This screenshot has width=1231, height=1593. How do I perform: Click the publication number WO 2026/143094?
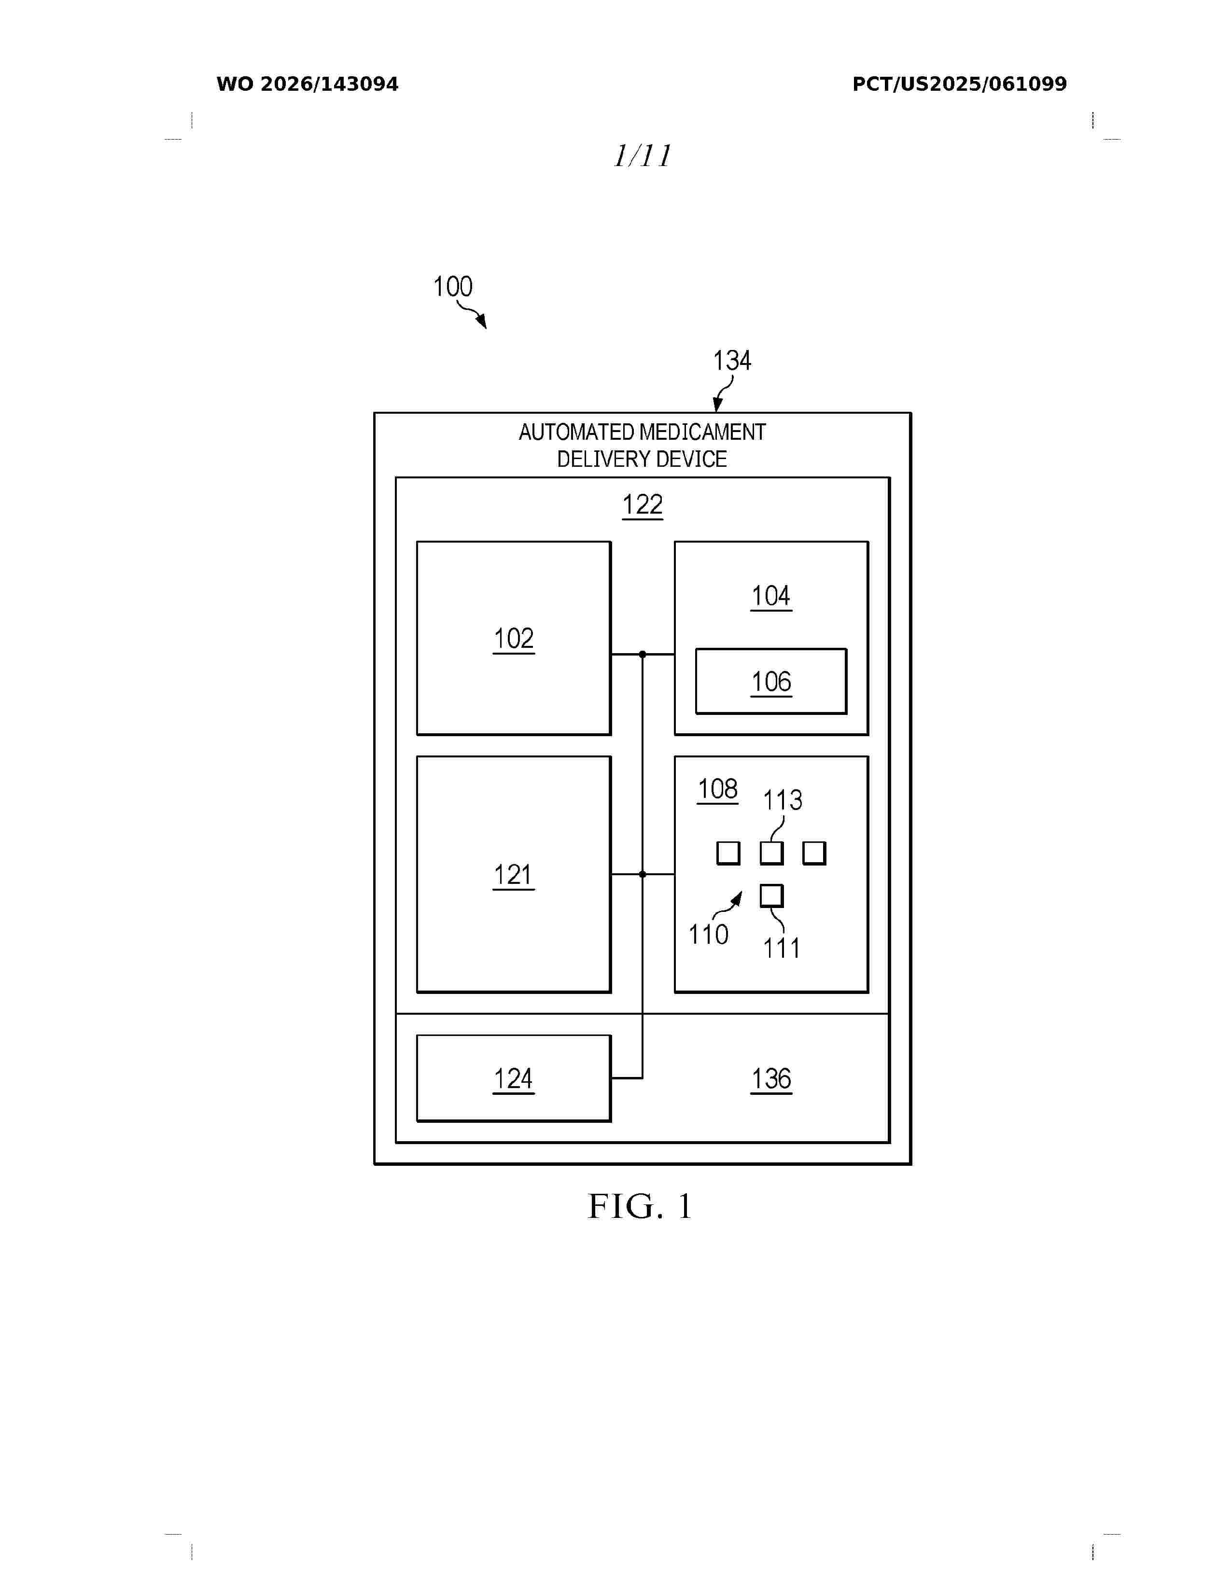tap(307, 84)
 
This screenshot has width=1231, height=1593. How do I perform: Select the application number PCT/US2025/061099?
tap(959, 84)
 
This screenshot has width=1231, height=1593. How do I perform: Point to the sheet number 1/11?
tap(642, 155)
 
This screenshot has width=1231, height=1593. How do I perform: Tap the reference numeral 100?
tap(453, 287)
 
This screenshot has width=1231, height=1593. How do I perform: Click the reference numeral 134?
tap(731, 360)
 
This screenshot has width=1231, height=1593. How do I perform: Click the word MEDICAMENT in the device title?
tap(703, 433)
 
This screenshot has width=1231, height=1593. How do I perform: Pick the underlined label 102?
tap(514, 639)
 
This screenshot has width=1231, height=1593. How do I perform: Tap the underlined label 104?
tap(771, 597)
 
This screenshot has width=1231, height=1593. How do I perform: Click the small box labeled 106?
tap(771, 681)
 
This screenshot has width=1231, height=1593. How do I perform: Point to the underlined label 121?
tap(514, 875)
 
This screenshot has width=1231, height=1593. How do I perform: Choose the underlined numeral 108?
tap(717, 789)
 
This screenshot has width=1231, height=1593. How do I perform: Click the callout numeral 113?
tap(783, 800)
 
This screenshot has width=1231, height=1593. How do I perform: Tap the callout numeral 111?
tap(782, 948)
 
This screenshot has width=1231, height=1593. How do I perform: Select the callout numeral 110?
tap(708, 935)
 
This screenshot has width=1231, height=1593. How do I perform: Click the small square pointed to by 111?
tap(771, 895)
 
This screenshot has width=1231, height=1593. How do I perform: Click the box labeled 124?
tap(514, 1078)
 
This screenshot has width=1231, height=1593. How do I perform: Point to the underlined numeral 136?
tap(771, 1079)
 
